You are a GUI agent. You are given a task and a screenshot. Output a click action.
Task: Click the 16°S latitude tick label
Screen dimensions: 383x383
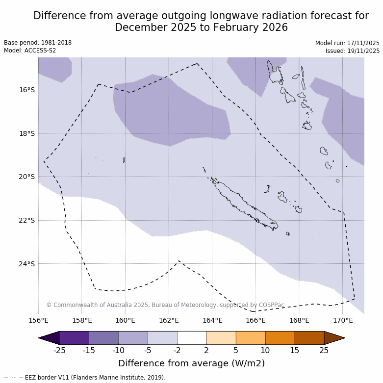[27, 90]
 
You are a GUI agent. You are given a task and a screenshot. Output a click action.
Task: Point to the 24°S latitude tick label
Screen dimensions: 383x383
[27, 264]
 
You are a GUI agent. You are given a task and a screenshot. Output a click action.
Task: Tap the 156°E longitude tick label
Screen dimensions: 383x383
[38, 321]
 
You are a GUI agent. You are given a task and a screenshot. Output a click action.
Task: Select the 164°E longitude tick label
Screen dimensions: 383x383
[212, 321]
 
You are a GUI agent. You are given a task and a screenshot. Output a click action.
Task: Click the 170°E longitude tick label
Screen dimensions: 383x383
[343, 321]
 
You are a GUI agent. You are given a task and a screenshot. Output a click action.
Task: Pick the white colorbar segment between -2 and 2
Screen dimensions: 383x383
[192, 338]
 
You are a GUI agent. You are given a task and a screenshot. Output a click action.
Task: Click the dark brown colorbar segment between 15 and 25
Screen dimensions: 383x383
[309, 338]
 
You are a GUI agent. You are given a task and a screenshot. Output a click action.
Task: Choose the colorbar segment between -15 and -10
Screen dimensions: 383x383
[104, 338]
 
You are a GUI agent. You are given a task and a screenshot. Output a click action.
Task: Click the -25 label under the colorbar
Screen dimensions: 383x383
[60, 350]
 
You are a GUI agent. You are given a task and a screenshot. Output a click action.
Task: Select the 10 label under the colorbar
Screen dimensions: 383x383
[265, 350]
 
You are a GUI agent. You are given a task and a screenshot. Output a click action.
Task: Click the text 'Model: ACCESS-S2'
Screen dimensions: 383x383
[30, 51]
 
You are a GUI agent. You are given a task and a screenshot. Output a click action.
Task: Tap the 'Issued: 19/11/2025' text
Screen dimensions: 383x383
[353, 51]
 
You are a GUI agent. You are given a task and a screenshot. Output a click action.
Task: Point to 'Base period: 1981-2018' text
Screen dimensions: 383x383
[38, 43]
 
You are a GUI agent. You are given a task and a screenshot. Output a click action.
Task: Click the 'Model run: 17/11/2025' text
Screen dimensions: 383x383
[347, 43]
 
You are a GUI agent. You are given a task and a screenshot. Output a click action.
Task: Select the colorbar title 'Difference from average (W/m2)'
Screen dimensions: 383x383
[191, 363]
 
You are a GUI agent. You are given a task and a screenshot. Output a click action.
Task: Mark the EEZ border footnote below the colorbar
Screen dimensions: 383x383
[84, 378]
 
